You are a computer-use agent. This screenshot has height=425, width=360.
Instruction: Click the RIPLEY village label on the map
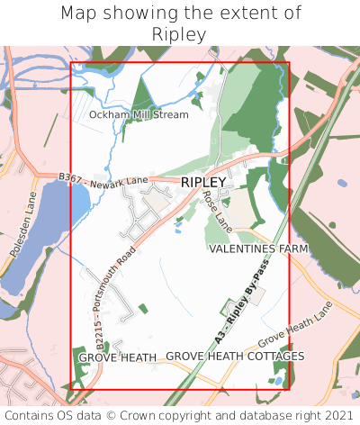203,182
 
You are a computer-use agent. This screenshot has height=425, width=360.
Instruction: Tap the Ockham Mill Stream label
139,115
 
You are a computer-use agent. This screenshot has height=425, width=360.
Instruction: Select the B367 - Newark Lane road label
103,181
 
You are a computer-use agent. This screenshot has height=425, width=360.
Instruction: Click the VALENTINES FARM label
258,249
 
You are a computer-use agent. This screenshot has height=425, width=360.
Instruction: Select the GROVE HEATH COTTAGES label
235,357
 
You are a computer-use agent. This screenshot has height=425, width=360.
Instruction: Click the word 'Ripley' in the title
180,34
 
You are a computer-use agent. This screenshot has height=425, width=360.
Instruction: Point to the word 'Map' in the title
79,14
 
